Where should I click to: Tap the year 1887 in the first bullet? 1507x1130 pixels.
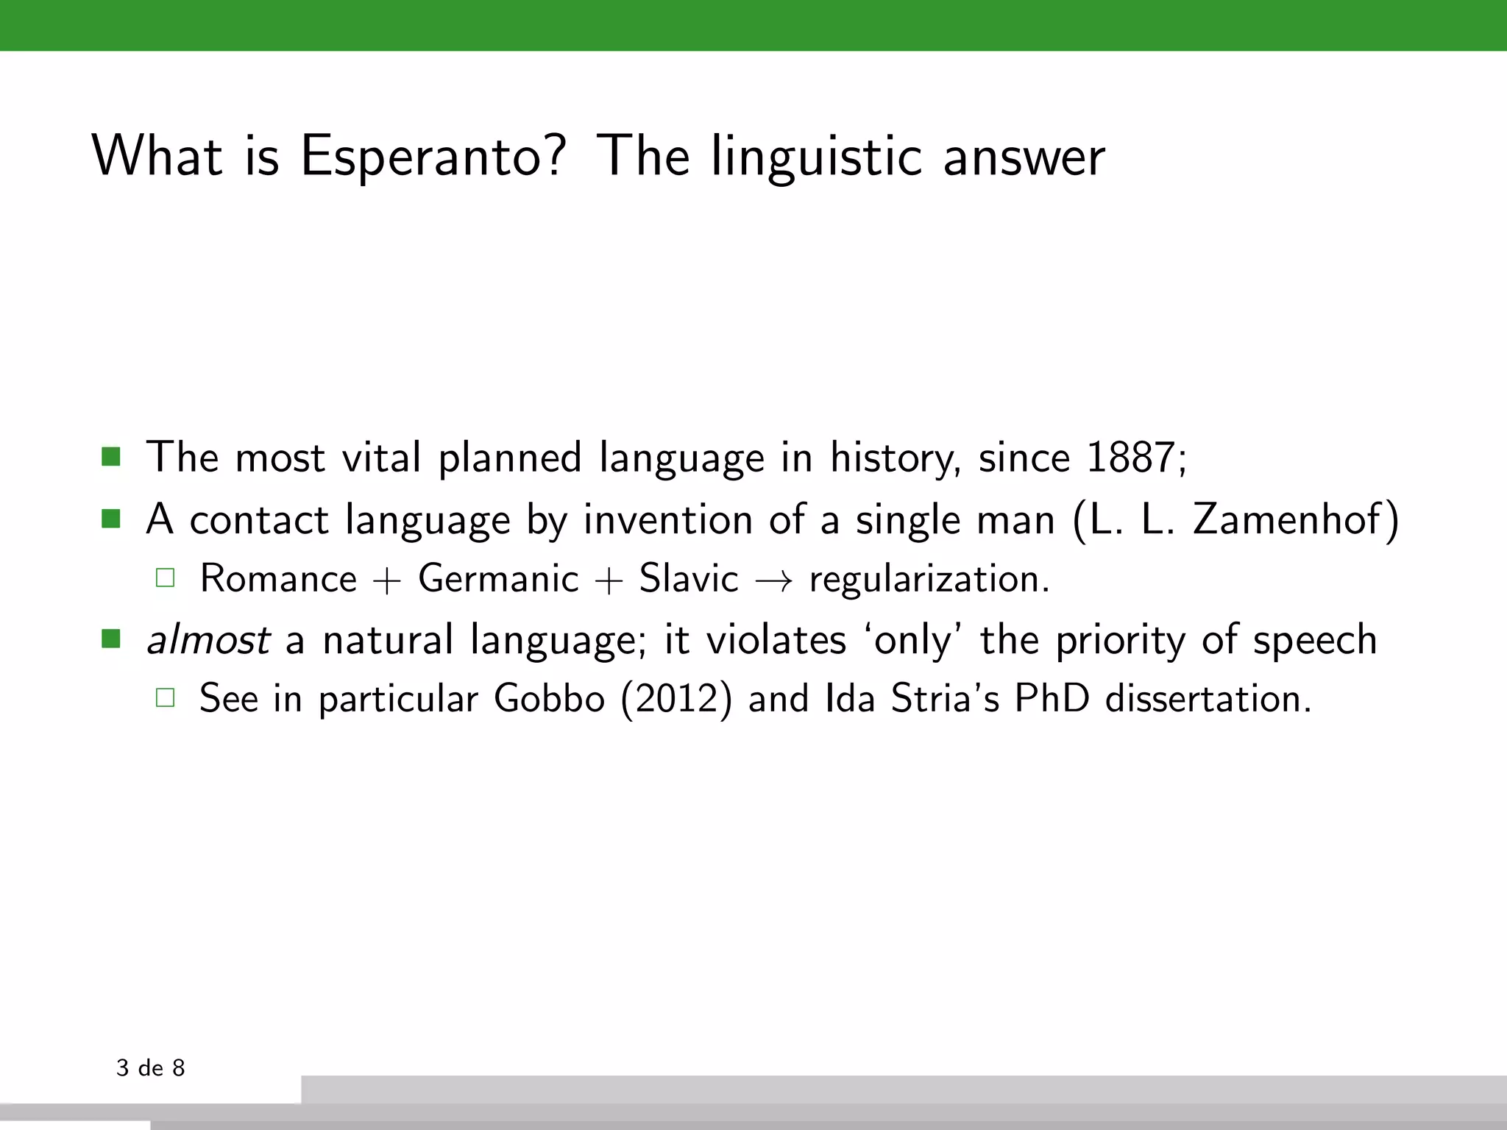pos(1130,458)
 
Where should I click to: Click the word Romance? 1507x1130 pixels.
pos(278,578)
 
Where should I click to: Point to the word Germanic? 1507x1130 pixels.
pos(498,578)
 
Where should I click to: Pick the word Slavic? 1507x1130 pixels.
pos(688,578)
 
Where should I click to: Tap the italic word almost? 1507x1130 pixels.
pos(208,639)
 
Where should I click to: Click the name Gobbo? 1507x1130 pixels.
pos(549,698)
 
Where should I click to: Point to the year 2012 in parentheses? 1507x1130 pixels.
pos(676,698)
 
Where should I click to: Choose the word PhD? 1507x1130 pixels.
pos(1052,698)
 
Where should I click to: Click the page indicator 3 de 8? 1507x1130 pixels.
pos(151,1067)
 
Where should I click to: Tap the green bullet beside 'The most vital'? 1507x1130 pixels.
pos(111,457)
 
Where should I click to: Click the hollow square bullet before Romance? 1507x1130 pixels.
pos(166,578)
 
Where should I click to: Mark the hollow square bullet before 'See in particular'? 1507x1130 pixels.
pos(166,697)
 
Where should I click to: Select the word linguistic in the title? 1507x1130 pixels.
pos(816,156)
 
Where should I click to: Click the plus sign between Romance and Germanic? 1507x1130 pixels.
pos(387,580)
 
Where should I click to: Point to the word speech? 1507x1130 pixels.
pos(1315,640)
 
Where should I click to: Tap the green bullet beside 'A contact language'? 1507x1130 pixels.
pos(111,519)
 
